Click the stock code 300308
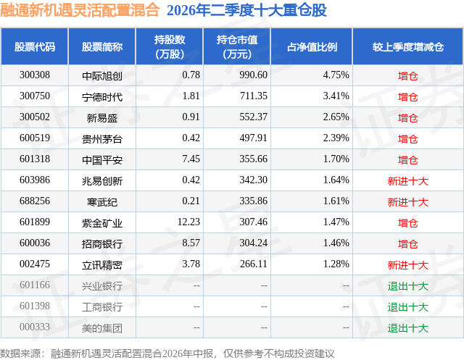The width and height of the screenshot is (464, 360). [x=35, y=75]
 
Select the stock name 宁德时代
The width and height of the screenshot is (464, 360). [x=102, y=96]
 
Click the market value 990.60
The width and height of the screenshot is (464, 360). [x=253, y=75]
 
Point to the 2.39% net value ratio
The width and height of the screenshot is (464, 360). [x=336, y=138]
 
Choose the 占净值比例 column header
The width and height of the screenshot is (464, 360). [x=312, y=46]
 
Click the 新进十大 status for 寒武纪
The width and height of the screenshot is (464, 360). [x=408, y=202]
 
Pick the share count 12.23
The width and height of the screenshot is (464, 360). [x=188, y=222]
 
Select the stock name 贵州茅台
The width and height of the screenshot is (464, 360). [x=102, y=138]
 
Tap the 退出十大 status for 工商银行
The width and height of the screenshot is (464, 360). [x=408, y=307]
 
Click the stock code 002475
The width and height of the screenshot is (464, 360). [x=35, y=264]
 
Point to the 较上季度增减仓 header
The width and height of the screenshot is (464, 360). [x=408, y=46]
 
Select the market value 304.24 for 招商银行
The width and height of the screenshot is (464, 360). [x=253, y=243]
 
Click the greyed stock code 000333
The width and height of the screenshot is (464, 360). [x=35, y=327]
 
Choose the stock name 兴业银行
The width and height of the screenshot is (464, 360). [x=102, y=286]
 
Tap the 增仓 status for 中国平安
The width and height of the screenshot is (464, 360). [x=408, y=160]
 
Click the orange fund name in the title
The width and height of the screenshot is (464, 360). [x=80, y=10]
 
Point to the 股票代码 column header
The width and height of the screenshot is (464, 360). [x=35, y=46]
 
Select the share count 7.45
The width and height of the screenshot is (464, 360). [x=191, y=159]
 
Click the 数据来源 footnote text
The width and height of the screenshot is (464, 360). [x=167, y=353]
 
